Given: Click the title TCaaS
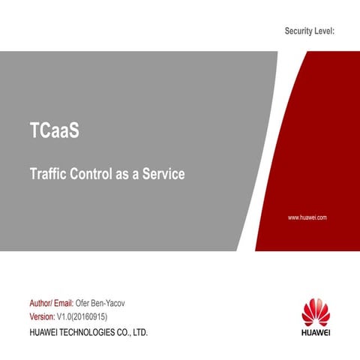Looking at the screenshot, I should point(54,132).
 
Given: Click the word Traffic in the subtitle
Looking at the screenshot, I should point(46,175).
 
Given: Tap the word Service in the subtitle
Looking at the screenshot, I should point(163,175).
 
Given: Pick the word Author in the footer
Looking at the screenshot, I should point(40,304).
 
